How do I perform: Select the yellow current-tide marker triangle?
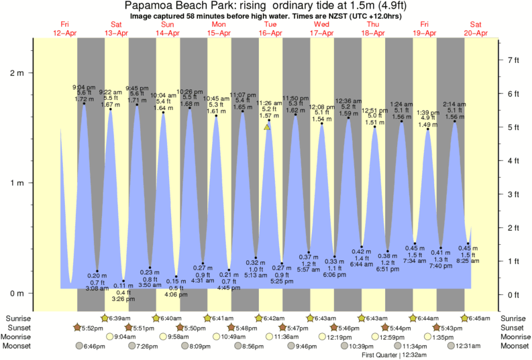[x=267, y=127]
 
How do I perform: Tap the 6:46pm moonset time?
[x=94, y=346]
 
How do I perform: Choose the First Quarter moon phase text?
[x=390, y=355]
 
